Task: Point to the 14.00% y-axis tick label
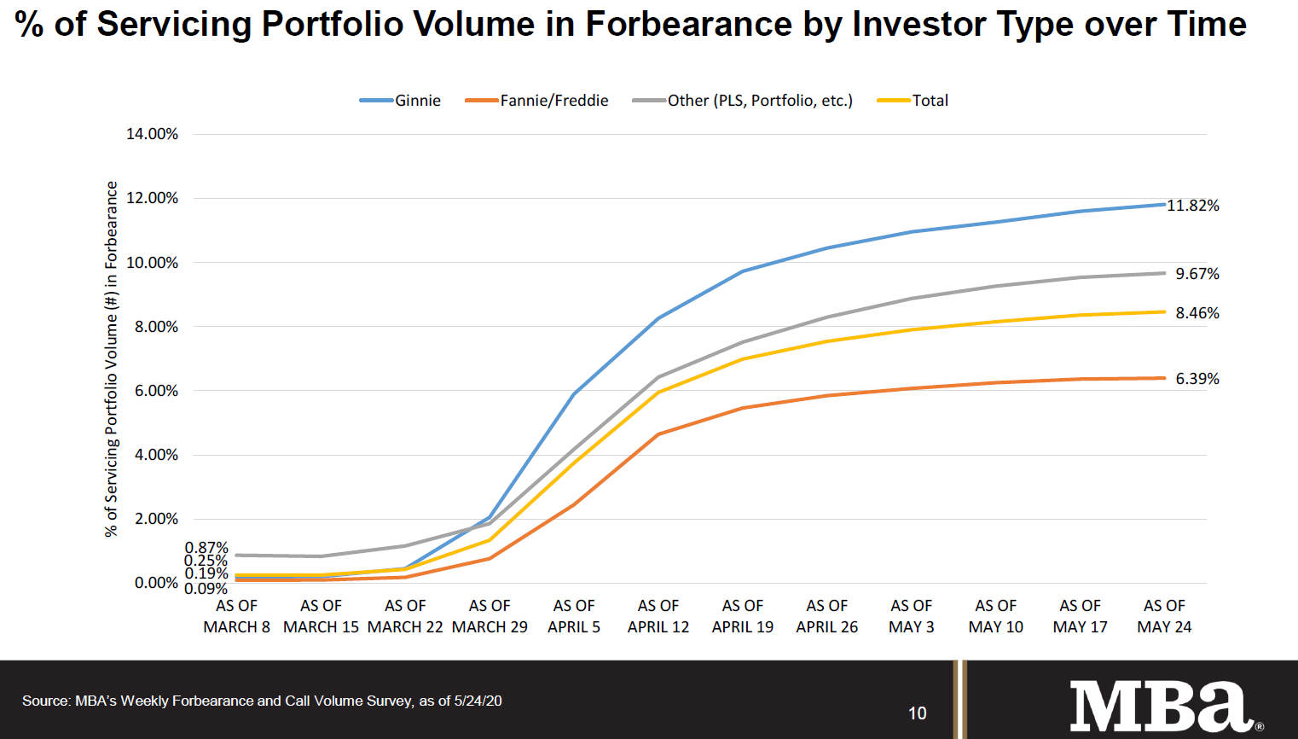[152, 134]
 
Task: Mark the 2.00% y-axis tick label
[155, 519]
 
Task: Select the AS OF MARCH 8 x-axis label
[236, 616]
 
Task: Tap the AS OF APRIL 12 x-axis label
[658, 616]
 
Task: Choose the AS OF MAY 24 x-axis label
[1164, 616]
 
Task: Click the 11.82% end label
[1193, 206]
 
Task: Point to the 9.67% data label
[1197, 274]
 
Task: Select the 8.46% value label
[1197, 313]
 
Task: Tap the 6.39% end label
[1197, 379]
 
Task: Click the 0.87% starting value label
[206, 548]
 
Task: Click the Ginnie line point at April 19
[743, 271]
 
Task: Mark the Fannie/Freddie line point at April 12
[658, 434]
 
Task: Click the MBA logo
[1162, 706]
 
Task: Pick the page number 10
[918, 713]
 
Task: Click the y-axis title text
[111, 358]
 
